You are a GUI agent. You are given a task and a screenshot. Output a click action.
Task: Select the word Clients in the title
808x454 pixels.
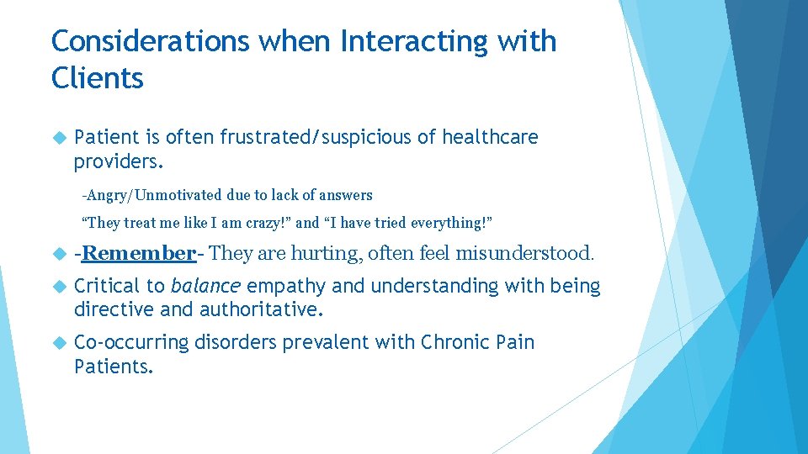(x=98, y=78)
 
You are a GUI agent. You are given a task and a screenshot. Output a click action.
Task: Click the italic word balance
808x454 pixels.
(x=205, y=287)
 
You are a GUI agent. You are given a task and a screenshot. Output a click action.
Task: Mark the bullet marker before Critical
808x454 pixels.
(x=58, y=287)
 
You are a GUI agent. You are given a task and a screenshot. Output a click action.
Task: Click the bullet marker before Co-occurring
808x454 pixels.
(x=58, y=343)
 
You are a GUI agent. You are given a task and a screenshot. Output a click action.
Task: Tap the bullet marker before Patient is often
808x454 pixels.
(x=58, y=137)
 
